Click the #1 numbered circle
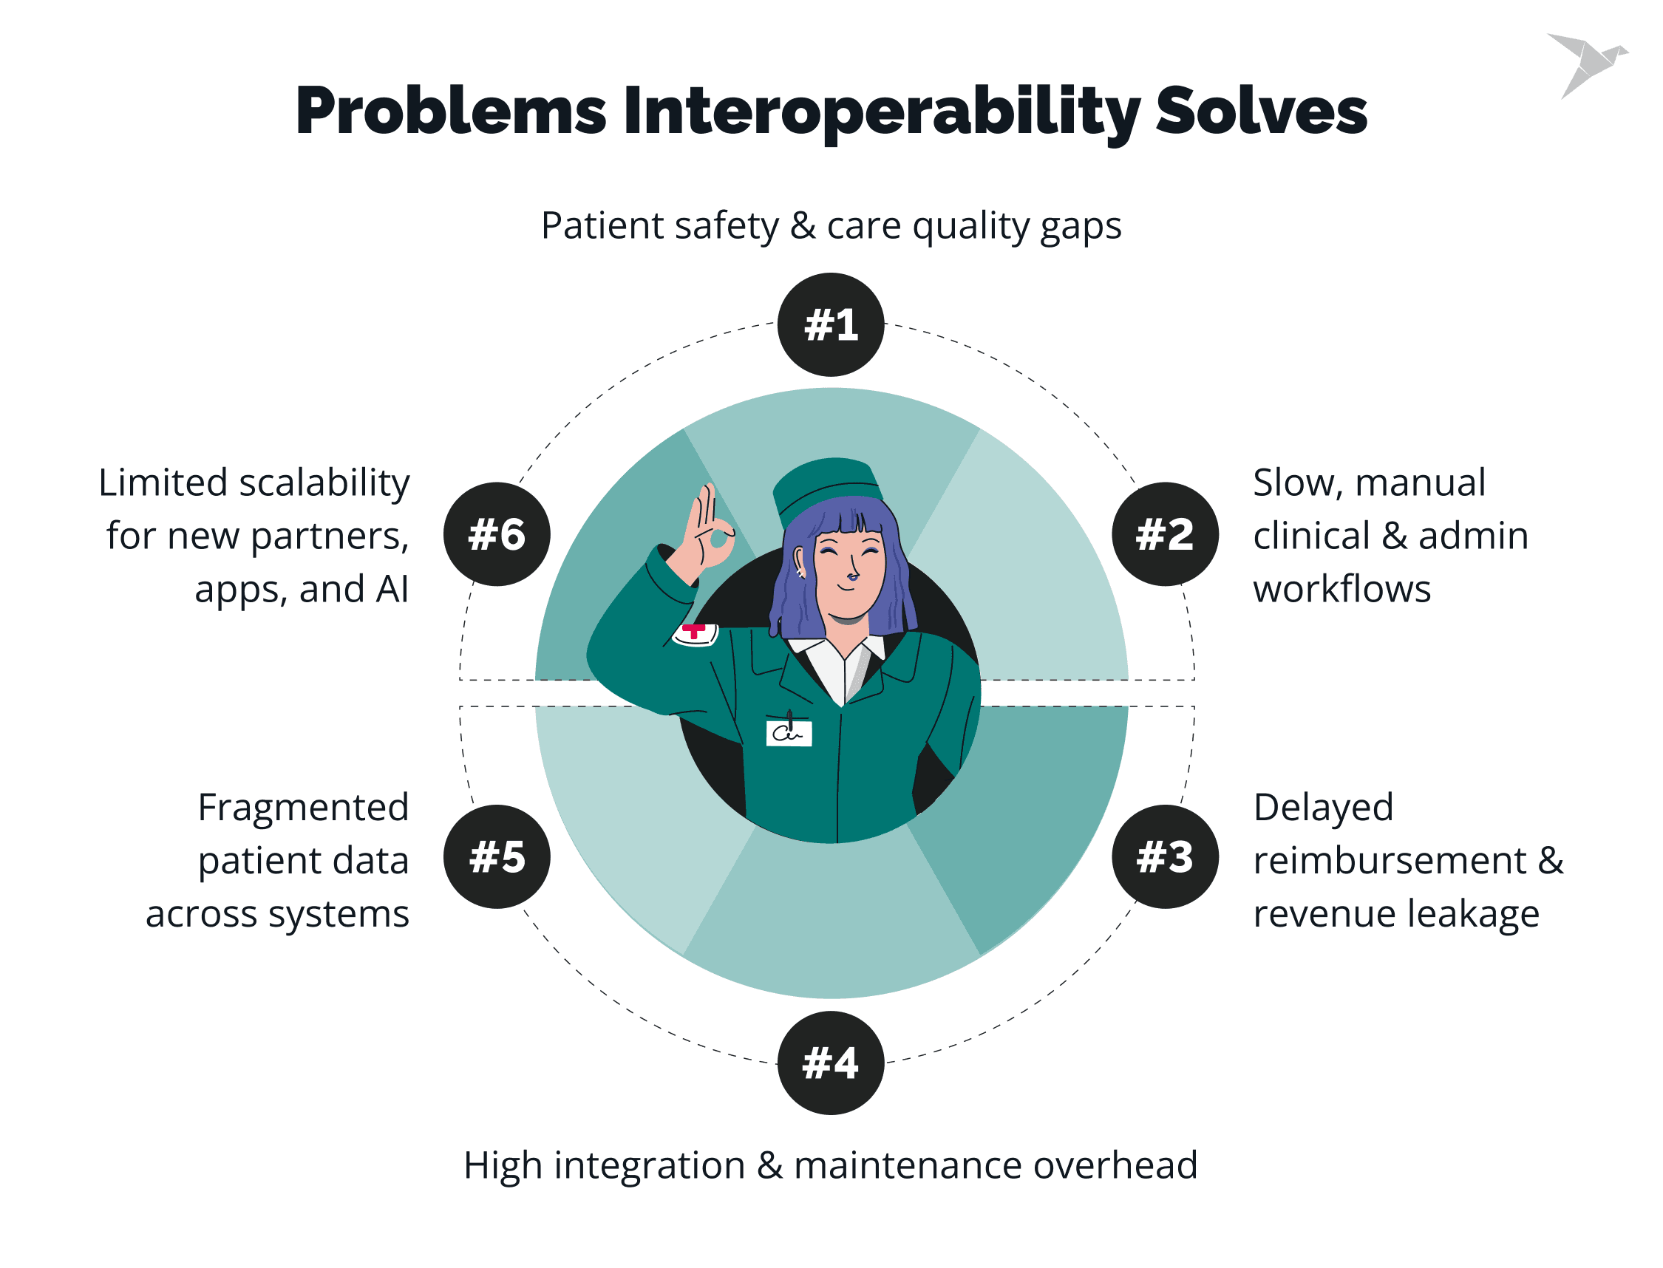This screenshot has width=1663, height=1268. [830, 324]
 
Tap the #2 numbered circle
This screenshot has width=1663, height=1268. [1165, 534]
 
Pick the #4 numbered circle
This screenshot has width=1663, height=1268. [830, 1063]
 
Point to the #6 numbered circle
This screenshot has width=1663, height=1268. [497, 534]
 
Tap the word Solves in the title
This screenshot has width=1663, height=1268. [1262, 111]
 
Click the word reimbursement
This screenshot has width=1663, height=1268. [1390, 860]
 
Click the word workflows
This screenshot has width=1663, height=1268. [1341, 589]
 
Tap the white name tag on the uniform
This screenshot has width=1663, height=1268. [789, 732]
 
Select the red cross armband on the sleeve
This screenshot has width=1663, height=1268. [696, 634]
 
